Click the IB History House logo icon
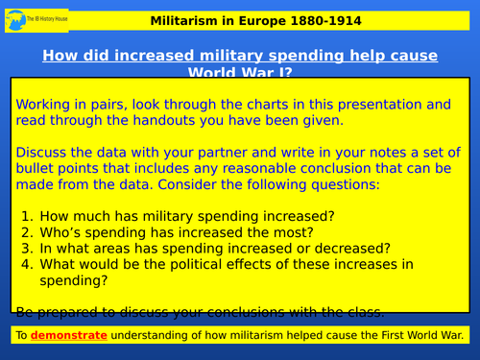click(15, 18)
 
